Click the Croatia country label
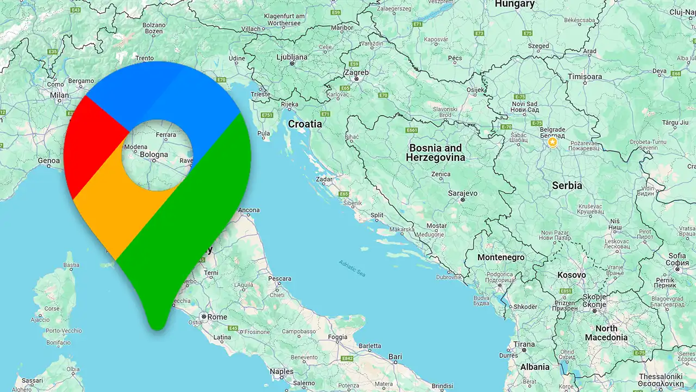point(304,124)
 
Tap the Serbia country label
point(567,186)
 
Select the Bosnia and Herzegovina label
point(435,153)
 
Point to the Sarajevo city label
point(462,193)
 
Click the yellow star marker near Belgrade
point(552,143)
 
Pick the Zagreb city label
point(357,72)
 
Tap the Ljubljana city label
point(292,57)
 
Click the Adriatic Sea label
point(352,268)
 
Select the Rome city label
point(217,317)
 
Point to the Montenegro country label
point(501,258)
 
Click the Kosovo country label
point(571,275)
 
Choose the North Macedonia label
point(606,333)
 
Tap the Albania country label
point(535,367)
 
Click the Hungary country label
point(514,4)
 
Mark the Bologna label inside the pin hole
point(154,155)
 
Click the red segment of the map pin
point(90,147)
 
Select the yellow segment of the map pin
point(117,212)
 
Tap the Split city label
point(377,215)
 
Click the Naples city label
point(282,372)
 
